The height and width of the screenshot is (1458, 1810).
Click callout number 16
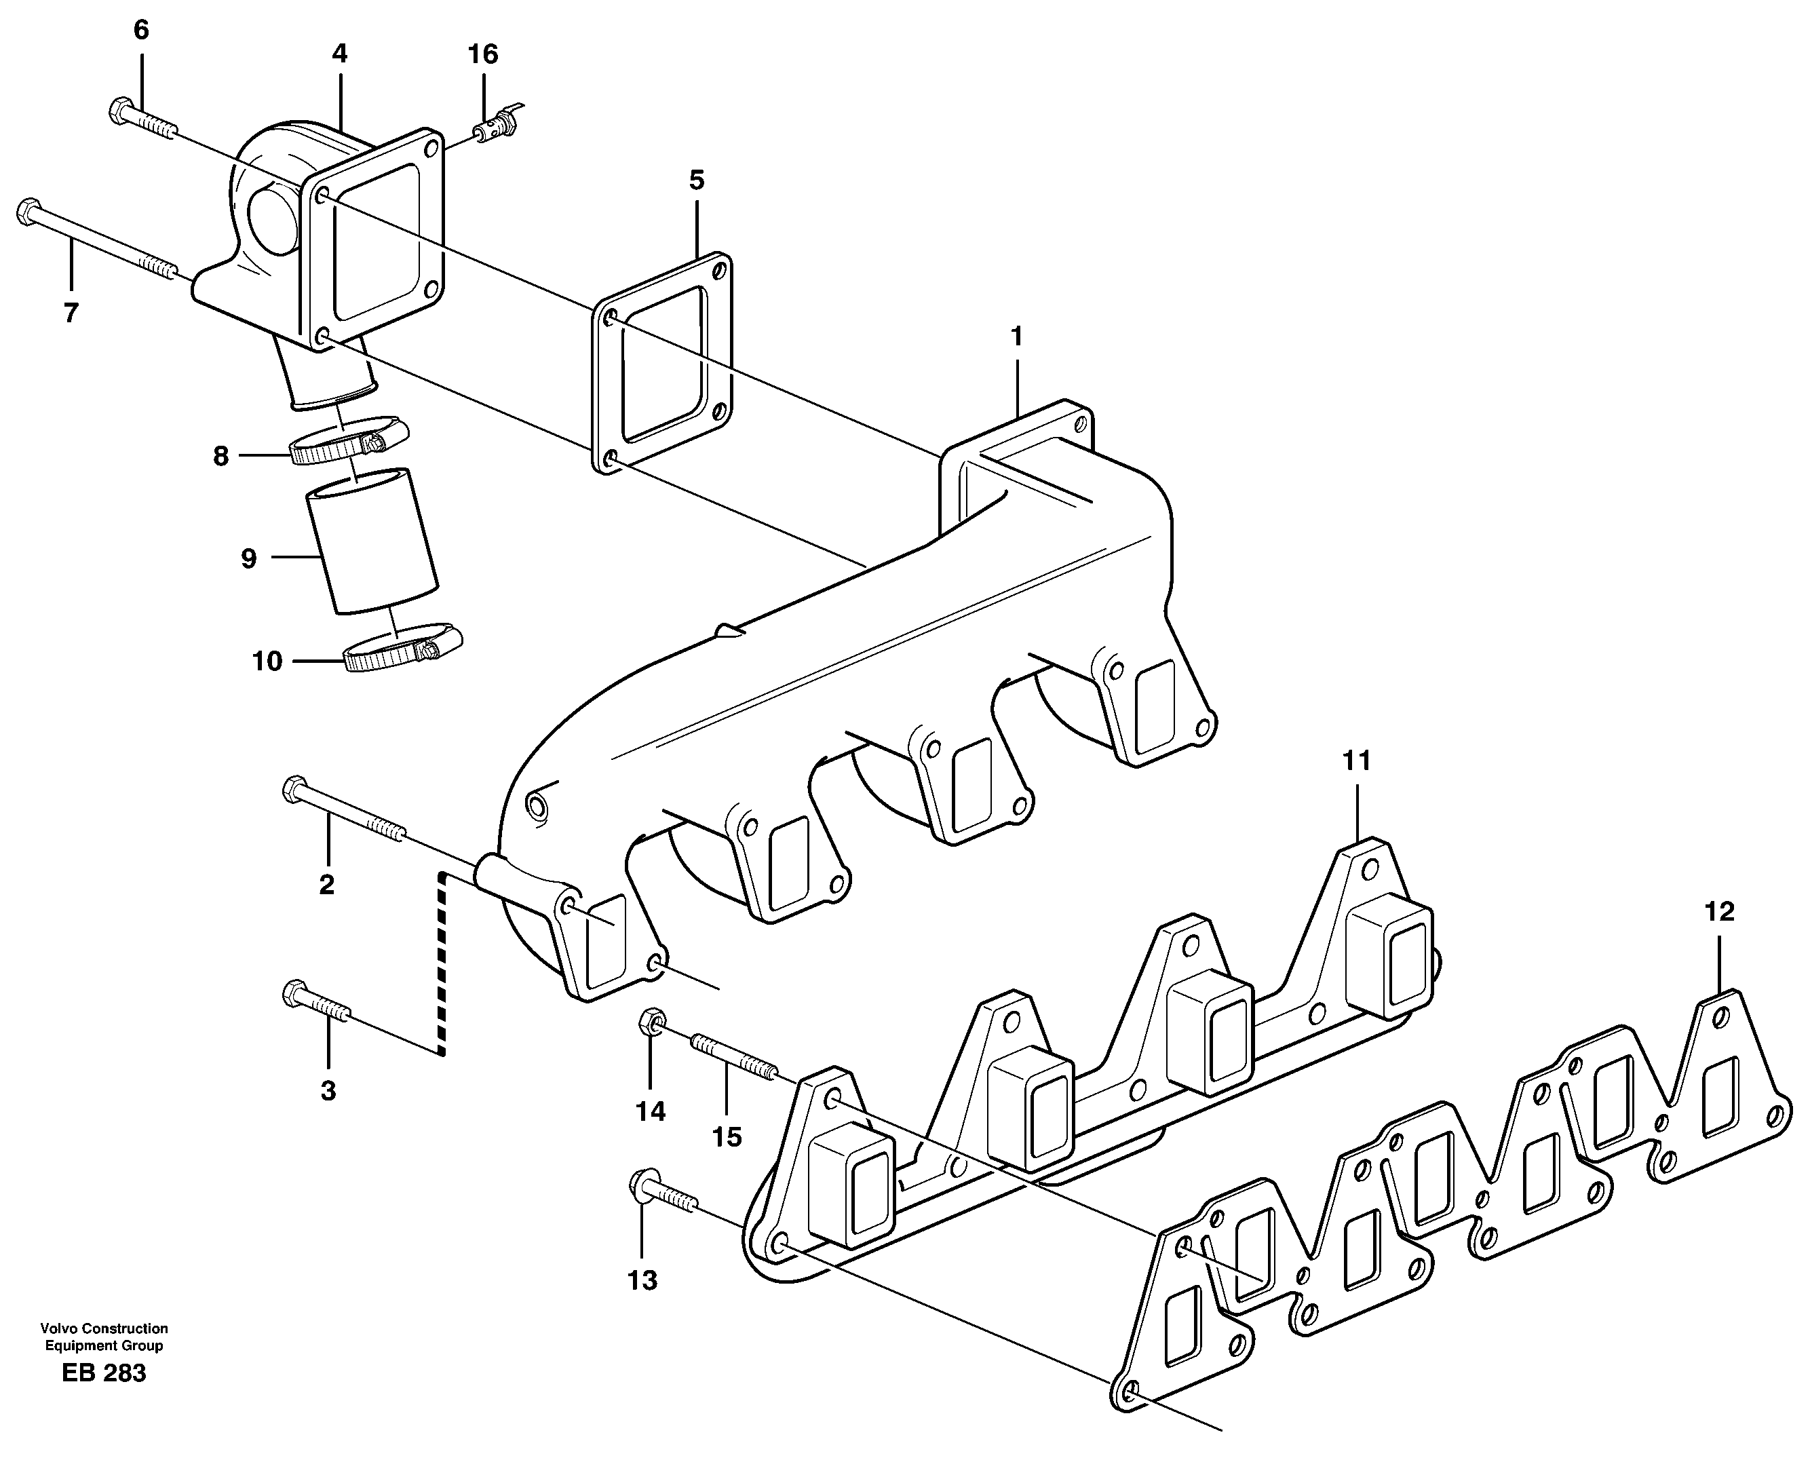click(483, 54)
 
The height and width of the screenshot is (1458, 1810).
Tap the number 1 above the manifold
click(1017, 337)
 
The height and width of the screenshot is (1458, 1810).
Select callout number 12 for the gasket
click(1719, 911)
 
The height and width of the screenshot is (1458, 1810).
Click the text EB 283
click(103, 1373)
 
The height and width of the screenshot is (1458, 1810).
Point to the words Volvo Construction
click(103, 1328)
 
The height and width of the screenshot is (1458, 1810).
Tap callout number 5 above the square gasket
click(696, 180)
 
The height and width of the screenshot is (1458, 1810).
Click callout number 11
click(1356, 761)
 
